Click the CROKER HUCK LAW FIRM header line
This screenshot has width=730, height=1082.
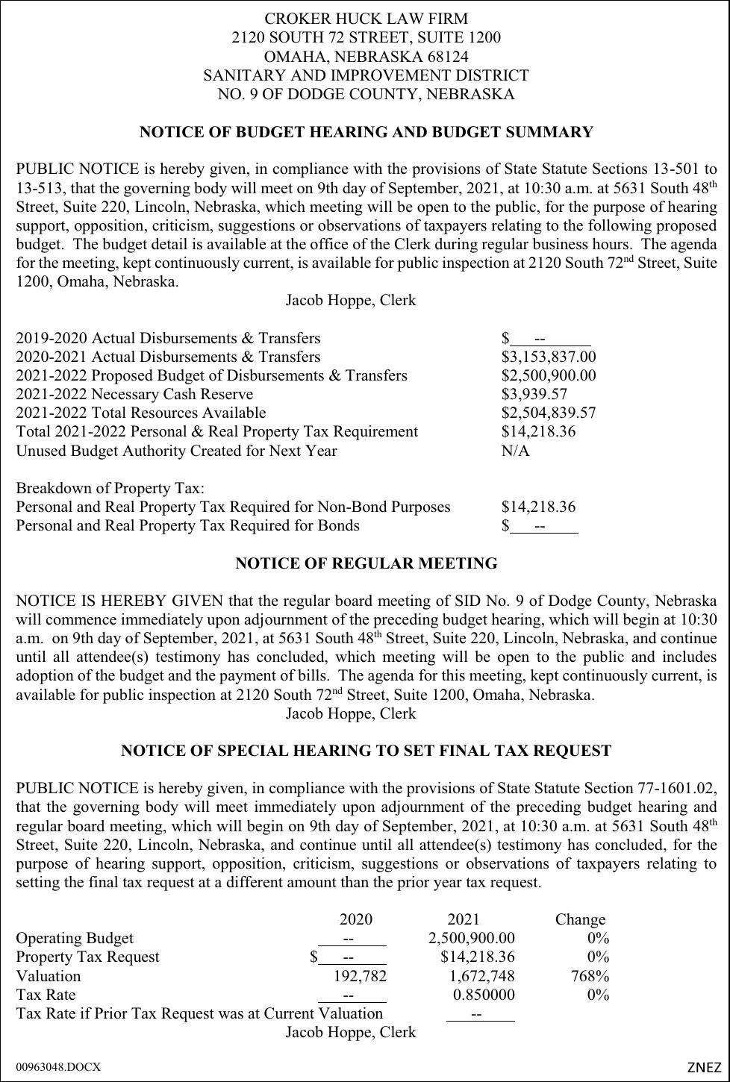[x=366, y=19]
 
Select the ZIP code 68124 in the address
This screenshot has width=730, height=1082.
[x=447, y=57]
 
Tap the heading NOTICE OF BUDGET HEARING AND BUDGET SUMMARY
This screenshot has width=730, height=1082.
[x=366, y=132]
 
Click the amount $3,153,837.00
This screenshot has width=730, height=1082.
[x=549, y=357]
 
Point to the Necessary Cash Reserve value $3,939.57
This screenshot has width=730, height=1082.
[x=534, y=395]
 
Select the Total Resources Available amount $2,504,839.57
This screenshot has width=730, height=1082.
[x=549, y=413]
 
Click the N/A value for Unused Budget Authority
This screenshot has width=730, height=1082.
[x=515, y=451]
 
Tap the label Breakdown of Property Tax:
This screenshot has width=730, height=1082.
[x=110, y=488]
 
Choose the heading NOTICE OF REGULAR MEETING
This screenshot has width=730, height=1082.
[x=366, y=563]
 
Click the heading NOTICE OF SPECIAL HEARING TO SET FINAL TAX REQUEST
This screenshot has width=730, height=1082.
[x=366, y=751]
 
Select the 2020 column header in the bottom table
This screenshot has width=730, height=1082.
[x=355, y=919]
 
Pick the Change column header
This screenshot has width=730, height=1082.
[x=580, y=919]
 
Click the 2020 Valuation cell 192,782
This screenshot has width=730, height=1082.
[x=360, y=976]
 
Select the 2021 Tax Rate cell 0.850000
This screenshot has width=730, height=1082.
[x=484, y=995]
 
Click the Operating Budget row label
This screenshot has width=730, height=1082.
[x=75, y=939]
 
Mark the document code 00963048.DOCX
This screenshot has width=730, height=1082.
[x=57, y=1067]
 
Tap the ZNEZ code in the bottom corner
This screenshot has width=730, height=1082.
[x=704, y=1067]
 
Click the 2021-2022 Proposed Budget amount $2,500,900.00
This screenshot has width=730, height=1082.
[x=549, y=376]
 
